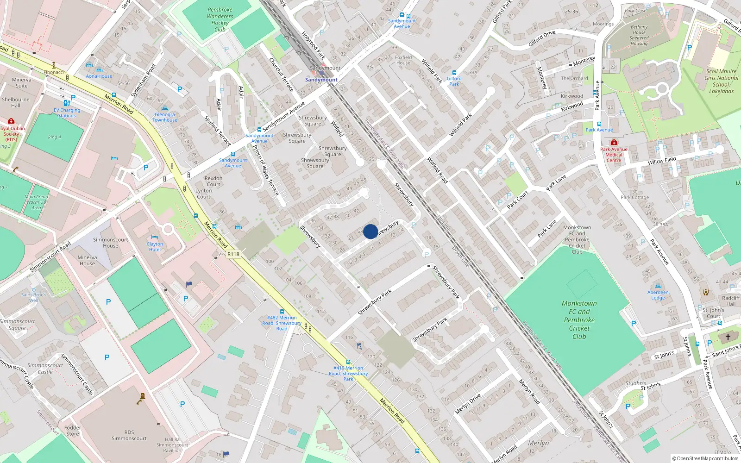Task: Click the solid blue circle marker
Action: pyautogui.click(x=370, y=231)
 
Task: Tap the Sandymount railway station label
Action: pyautogui.click(x=321, y=80)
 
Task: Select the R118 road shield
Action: pyautogui.click(x=233, y=254)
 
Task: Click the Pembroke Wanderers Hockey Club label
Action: pyautogui.click(x=220, y=19)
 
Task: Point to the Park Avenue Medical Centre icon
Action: pyautogui.click(x=614, y=142)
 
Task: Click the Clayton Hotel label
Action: pyautogui.click(x=155, y=247)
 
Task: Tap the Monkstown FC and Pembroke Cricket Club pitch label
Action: pyautogui.click(x=579, y=320)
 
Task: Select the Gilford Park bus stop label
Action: pyautogui.click(x=454, y=81)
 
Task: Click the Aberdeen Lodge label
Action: pyautogui.click(x=658, y=295)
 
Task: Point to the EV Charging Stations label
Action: pyautogui.click(x=67, y=113)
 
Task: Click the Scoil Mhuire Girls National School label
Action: pyautogui.click(x=721, y=81)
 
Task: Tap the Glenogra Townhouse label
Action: pyautogui.click(x=165, y=117)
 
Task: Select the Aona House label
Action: pyautogui.click(x=99, y=76)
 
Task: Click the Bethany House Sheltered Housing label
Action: pyautogui.click(x=639, y=35)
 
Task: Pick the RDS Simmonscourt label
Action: pyautogui.click(x=129, y=435)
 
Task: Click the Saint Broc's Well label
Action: pyautogui.click(x=33, y=297)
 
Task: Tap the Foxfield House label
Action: pyautogui.click(x=403, y=60)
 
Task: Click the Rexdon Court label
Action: pyautogui.click(x=213, y=181)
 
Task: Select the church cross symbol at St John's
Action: pyautogui.click(x=728, y=337)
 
